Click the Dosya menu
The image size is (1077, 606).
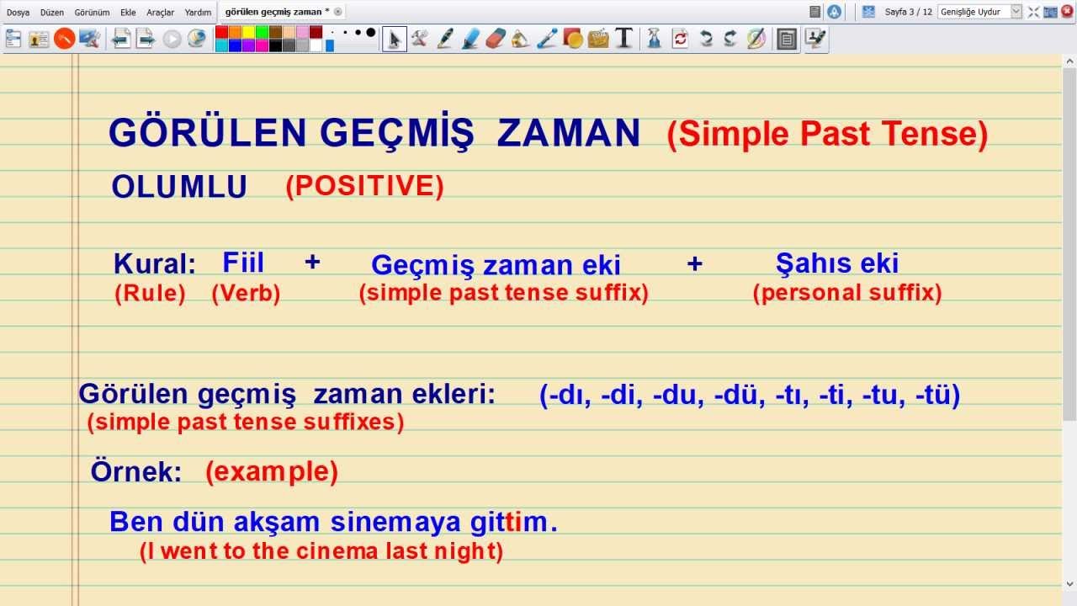tap(18, 13)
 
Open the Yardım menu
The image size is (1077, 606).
tap(198, 13)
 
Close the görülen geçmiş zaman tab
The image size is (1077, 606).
tap(338, 12)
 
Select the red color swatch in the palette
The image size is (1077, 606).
tap(221, 32)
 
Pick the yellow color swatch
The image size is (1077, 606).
tap(248, 32)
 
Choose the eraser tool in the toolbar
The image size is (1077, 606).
tap(496, 38)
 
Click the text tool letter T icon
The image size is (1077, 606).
tap(623, 38)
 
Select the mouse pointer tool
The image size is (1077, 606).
tap(394, 38)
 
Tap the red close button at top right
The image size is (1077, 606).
tap(1067, 12)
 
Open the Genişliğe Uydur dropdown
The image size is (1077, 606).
tap(1015, 12)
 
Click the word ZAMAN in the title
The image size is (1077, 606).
tap(568, 134)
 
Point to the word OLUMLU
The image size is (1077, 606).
tap(179, 188)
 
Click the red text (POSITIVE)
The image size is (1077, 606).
tap(364, 186)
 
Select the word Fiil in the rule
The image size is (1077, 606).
tap(243, 263)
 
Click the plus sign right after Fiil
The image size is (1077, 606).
tap(312, 262)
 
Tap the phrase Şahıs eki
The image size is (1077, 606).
tap(837, 263)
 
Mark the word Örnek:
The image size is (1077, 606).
tap(136, 472)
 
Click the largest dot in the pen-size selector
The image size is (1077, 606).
tap(371, 32)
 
